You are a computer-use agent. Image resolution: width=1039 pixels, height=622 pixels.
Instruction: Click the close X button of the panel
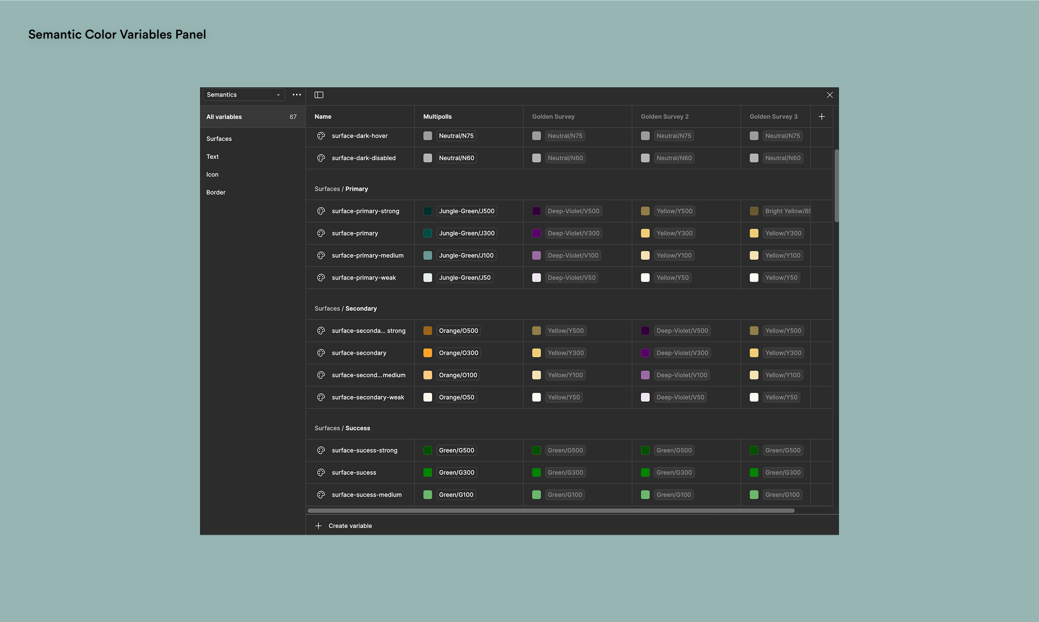tap(830, 95)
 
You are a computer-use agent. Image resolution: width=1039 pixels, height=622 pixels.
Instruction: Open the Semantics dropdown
tap(243, 95)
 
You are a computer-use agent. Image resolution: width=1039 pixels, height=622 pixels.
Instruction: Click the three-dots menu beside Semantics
tap(297, 95)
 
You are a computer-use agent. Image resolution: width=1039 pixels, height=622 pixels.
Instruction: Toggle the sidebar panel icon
tap(319, 95)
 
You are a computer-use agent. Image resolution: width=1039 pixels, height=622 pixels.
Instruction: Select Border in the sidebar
tap(216, 192)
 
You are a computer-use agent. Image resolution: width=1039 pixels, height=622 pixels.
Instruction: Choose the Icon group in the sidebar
tap(212, 175)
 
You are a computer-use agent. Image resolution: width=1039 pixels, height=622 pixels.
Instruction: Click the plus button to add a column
tap(821, 117)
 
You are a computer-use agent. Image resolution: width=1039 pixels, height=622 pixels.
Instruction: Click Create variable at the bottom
tap(350, 526)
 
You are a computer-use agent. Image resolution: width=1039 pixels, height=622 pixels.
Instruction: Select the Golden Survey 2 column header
tap(664, 117)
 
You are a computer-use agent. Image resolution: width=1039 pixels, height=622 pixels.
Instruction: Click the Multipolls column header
tap(437, 117)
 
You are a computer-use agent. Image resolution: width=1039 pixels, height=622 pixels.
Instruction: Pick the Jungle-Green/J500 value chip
tap(466, 211)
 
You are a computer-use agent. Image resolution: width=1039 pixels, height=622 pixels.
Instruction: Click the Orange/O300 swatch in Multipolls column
tap(428, 353)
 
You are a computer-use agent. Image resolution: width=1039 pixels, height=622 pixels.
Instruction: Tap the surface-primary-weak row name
tap(364, 278)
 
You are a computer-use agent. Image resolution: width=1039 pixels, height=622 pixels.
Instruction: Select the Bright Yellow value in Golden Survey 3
tap(787, 211)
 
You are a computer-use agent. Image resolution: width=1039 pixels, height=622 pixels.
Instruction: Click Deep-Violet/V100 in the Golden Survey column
tap(573, 256)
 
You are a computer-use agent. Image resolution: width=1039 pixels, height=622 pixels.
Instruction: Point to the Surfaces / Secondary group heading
tap(345, 309)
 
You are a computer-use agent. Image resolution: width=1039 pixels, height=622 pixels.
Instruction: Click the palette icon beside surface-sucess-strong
tap(321, 451)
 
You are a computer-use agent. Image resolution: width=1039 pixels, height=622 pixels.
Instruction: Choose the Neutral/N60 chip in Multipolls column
tap(456, 158)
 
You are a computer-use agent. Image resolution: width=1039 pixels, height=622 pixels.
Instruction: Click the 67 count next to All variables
tap(293, 117)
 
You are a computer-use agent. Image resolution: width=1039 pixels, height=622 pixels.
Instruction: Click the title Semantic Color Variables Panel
tap(117, 35)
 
